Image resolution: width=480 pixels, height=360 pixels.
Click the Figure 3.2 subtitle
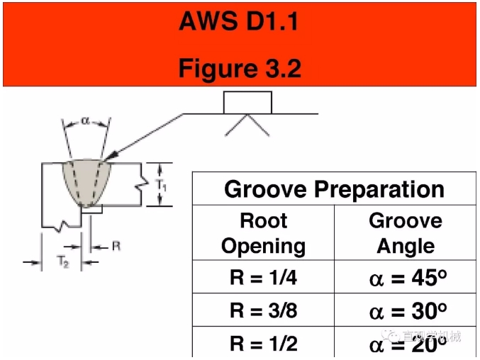pos(240,68)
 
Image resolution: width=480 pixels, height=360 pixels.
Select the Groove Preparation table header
pos(334,190)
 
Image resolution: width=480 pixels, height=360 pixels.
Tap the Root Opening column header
pos(263,233)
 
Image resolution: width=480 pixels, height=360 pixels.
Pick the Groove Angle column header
pos(406,233)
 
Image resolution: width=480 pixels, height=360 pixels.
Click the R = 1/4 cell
pos(263,277)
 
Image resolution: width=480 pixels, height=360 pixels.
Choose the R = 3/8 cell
pos(263,310)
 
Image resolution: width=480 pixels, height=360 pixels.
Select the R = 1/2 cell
pos(263,344)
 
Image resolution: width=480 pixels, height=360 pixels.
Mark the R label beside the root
pos(116,246)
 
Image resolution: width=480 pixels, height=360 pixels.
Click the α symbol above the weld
pos(86,121)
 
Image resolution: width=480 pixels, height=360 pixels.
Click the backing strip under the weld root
pos(91,210)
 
